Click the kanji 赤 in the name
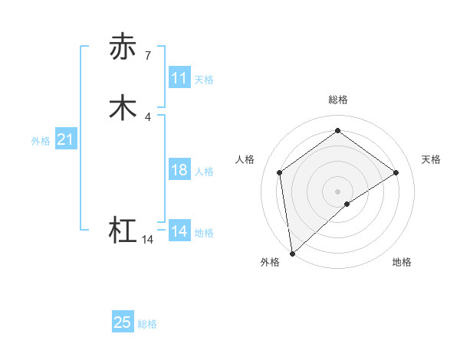(x=123, y=47)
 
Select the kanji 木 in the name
(x=123, y=107)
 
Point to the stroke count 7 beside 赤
(x=147, y=55)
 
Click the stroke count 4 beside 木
(x=147, y=116)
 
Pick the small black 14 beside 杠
(x=147, y=240)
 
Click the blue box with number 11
(x=179, y=78)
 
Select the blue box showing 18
(x=179, y=170)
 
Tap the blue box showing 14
(x=179, y=231)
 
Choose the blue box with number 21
(x=65, y=139)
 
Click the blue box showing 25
(x=123, y=322)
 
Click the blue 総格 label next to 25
(x=147, y=324)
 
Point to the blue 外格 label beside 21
(x=41, y=141)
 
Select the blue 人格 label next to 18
(x=204, y=172)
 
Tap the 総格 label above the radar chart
(x=337, y=100)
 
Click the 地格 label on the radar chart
(x=402, y=262)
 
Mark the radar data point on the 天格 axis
(x=396, y=172)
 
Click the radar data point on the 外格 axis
(x=292, y=253)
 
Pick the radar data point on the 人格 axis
(x=279, y=172)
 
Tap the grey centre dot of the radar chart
(x=337, y=191)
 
